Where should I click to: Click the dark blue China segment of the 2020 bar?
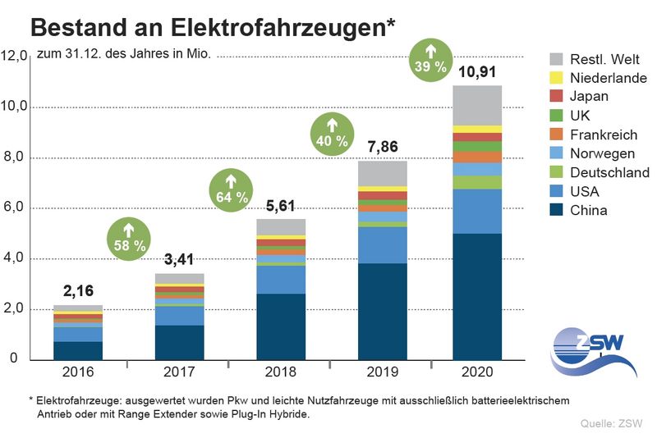coord(477,296)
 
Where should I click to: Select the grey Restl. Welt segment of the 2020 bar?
coord(477,105)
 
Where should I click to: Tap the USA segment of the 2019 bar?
coord(382,244)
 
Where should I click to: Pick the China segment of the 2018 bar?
coord(281,326)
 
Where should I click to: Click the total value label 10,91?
coord(477,71)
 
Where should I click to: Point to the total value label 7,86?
coord(382,148)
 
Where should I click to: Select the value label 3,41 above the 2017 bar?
coord(180,261)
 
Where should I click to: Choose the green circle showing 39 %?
coord(434,60)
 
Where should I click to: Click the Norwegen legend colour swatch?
coord(556,153)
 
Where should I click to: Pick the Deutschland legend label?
coord(609,172)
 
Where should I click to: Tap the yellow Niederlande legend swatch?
coord(556,78)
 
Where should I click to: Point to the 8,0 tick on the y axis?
coord(16,157)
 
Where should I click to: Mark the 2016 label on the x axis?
coord(79,372)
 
